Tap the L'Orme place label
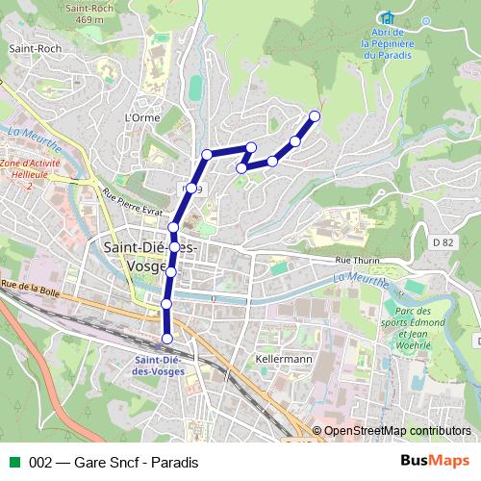140,118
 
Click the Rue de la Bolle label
31,285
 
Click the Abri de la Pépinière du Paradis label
388,42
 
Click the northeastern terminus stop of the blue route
314,117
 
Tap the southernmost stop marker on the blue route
167,338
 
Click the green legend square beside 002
14,462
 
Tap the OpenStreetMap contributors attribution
396,431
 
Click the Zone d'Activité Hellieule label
30,170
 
